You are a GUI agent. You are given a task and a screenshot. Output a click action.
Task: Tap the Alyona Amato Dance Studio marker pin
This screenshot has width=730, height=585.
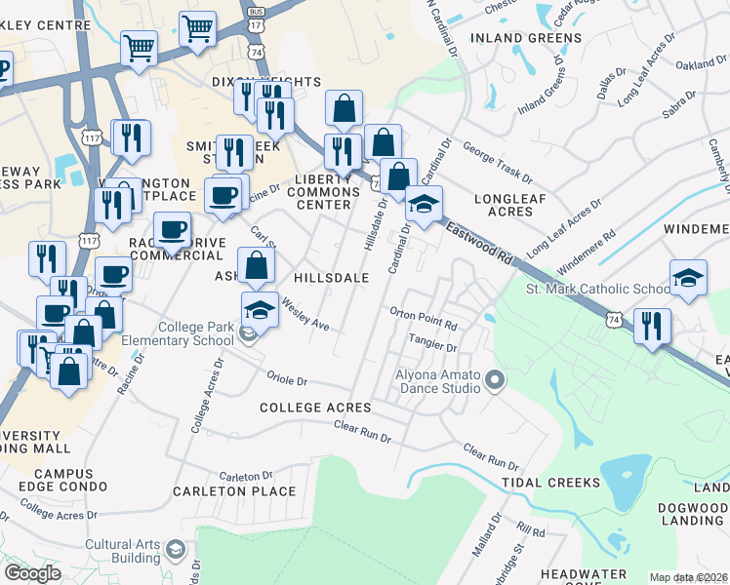[x=495, y=380]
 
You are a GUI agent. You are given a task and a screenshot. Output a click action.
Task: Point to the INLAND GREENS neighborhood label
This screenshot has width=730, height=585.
[x=526, y=38]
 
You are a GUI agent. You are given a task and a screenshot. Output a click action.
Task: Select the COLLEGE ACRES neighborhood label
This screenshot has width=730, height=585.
[x=315, y=407]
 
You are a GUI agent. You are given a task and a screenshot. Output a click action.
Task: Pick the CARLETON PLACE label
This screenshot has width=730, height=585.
[x=233, y=491]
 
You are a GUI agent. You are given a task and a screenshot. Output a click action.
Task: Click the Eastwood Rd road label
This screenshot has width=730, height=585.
[x=479, y=245]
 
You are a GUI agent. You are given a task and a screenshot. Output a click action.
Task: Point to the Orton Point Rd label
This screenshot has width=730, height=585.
[x=424, y=318]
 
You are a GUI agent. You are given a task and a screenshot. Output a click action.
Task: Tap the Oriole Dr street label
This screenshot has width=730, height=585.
[x=288, y=379]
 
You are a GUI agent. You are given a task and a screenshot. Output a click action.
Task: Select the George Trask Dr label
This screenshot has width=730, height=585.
[x=498, y=165]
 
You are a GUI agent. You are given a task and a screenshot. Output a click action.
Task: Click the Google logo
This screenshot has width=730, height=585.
[x=32, y=573]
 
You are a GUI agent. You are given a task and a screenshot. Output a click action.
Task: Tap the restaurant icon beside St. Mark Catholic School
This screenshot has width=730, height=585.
[x=651, y=326]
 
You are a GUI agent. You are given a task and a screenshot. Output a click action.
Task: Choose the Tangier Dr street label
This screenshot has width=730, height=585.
[x=433, y=342]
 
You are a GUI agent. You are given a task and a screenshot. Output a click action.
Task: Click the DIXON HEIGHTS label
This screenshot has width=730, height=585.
[x=252, y=82]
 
